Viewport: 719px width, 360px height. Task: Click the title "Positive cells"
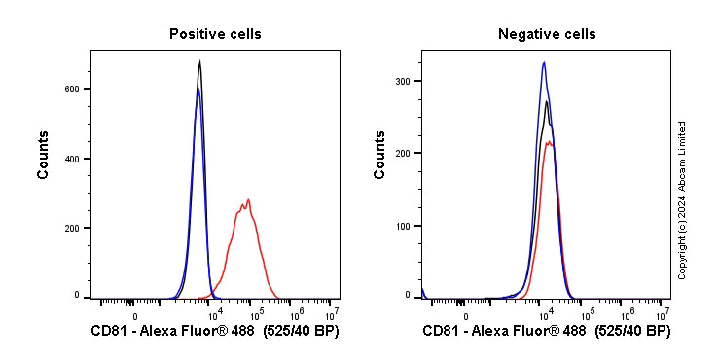point(215,34)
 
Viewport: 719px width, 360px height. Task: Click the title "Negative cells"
point(547,34)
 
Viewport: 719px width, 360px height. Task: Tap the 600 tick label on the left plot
point(72,89)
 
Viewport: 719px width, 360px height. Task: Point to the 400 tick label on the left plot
point(72,159)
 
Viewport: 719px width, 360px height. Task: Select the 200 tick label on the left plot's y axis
point(72,228)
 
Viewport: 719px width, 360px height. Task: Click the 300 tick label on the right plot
point(403,81)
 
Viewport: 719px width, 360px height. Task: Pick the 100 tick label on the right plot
point(403,226)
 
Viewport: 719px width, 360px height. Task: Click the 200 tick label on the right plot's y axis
point(403,153)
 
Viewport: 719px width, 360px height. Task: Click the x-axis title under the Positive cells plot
point(215,332)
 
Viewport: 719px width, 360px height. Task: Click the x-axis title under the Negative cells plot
point(547,332)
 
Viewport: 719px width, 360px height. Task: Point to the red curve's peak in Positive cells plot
point(249,200)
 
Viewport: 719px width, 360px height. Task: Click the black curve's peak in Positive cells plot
point(199,62)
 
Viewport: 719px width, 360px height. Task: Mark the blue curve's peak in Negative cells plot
point(544,63)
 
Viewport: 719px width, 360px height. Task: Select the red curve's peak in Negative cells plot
point(550,142)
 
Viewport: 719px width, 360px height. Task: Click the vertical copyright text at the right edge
point(682,199)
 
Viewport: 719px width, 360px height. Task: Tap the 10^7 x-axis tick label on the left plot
point(331,313)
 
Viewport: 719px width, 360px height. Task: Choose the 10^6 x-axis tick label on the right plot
point(628,313)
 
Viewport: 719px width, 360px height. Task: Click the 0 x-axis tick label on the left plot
point(135,315)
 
